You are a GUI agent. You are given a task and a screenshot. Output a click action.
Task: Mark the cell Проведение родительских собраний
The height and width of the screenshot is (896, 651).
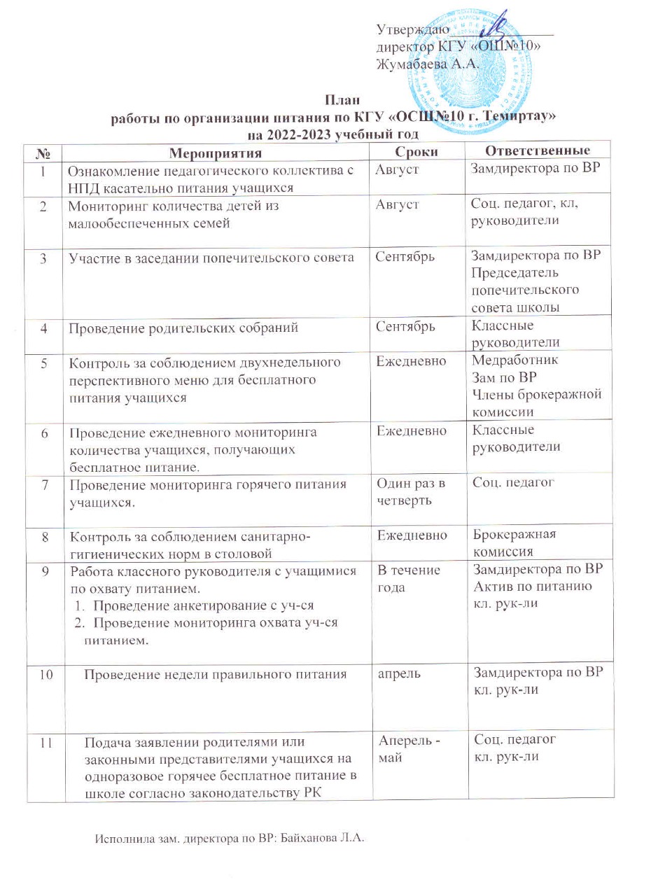pyautogui.click(x=174, y=328)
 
